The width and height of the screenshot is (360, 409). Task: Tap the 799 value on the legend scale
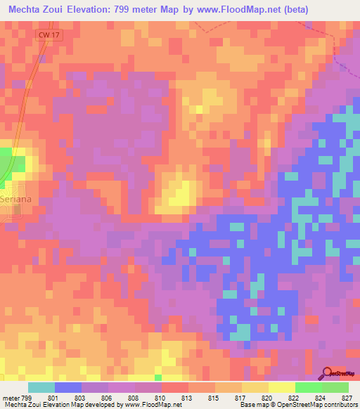(18, 398)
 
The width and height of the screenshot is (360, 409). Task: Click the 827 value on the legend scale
(346, 398)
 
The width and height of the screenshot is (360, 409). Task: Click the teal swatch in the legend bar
(41, 387)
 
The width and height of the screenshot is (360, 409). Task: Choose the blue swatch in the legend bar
(68, 387)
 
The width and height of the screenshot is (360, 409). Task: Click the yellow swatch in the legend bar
(281, 387)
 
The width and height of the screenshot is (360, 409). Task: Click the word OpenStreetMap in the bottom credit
(304, 405)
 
